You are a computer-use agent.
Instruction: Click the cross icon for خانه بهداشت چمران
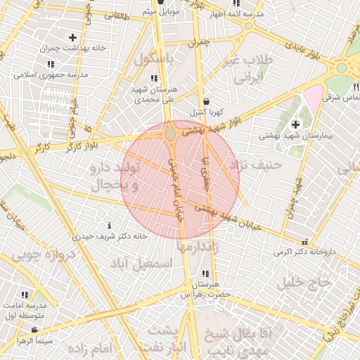click(x=73, y=37)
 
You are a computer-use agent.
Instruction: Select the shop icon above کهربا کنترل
click(x=204, y=101)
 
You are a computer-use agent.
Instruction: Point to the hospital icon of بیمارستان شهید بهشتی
click(x=295, y=124)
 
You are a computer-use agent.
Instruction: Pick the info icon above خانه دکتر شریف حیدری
click(x=108, y=226)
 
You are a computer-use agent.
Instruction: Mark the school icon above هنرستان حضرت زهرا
click(x=205, y=273)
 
